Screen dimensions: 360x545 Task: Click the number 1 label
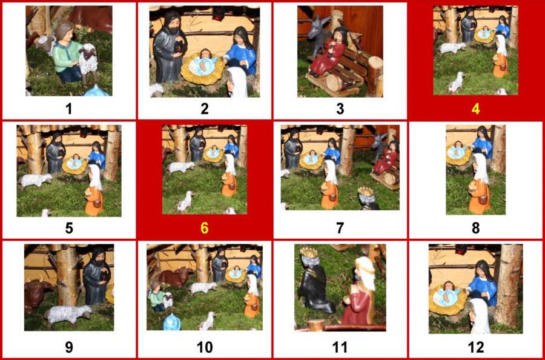point(68,109)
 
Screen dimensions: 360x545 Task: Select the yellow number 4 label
point(475,109)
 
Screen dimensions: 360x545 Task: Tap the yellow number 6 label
point(204,228)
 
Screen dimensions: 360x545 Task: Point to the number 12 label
point(475,347)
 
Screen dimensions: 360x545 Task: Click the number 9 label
point(68,347)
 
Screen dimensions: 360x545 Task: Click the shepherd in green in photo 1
point(65,52)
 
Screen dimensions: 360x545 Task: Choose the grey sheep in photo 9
point(68,315)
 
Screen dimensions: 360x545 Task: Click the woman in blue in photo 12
point(483,282)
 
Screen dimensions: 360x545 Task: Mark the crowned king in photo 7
point(367,199)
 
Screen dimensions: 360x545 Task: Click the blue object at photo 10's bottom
point(171,321)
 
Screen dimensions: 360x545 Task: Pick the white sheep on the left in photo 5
point(36,180)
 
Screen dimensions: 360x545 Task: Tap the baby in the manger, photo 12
point(448,296)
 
